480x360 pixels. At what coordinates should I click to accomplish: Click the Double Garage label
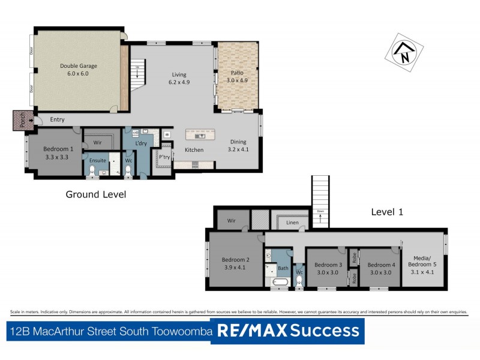[79, 70]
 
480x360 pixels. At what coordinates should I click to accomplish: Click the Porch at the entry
[22, 120]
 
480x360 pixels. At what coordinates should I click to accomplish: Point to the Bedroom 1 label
[58, 152]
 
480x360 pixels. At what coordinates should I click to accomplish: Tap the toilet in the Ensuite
[92, 172]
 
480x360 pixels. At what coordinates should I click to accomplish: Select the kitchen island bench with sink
[200, 135]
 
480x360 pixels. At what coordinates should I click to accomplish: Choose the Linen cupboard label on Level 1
[292, 223]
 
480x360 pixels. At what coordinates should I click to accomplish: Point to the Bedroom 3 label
[328, 268]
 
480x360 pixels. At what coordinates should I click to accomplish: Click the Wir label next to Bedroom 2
[231, 220]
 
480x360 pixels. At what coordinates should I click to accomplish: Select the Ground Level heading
[96, 194]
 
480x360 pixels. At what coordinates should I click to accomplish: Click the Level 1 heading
[388, 212]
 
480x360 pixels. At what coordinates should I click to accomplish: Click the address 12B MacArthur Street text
[109, 331]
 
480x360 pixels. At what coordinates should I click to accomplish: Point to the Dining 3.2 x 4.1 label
[238, 146]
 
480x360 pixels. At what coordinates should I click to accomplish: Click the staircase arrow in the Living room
[137, 73]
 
